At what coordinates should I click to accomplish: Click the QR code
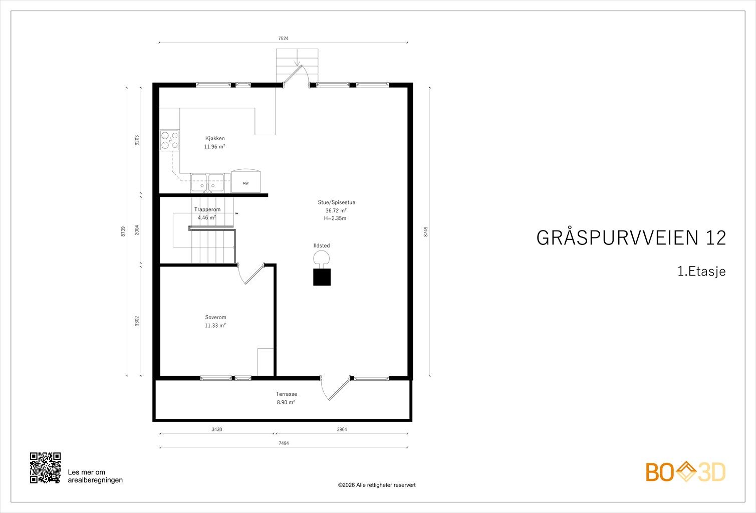(x=45, y=468)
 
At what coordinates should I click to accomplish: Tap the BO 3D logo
(x=685, y=471)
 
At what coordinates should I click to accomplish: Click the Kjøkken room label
(x=215, y=138)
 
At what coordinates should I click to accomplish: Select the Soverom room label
(x=215, y=317)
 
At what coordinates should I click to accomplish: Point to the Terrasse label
(x=286, y=394)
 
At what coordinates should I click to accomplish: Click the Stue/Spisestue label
(x=337, y=202)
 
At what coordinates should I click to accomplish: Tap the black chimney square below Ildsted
(x=322, y=277)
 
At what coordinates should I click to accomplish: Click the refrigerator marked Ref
(x=245, y=181)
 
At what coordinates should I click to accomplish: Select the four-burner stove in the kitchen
(x=169, y=140)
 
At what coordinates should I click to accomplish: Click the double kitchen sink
(x=207, y=183)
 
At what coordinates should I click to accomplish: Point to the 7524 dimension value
(x=284, y=39)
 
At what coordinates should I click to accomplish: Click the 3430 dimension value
(x=217, y=430)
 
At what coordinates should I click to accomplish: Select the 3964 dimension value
(x=342, y=430)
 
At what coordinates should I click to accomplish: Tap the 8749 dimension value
(x=426, y=231)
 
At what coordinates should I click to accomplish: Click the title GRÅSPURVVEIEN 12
(x=631, y=238)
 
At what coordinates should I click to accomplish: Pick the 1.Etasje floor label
(x=701, y=272)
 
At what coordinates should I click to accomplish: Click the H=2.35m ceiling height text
(x=335, y=218)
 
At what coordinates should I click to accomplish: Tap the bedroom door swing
(x=251, y=274)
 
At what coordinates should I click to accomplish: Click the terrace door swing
(x=336, y=388)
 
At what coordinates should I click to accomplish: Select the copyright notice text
(x=377, y=485)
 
